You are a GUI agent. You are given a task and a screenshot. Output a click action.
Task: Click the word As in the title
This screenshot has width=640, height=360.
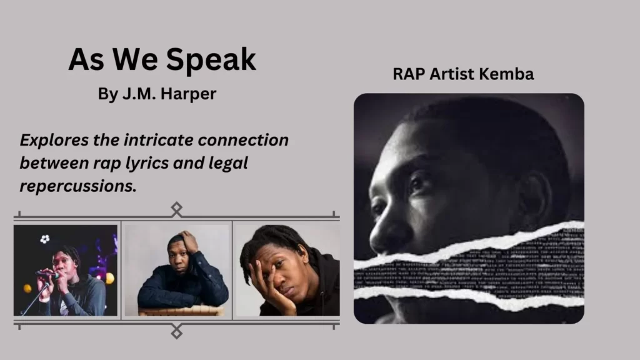tap(85, 60)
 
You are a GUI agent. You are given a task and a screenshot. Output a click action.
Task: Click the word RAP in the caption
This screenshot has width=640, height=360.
tap(409, 74)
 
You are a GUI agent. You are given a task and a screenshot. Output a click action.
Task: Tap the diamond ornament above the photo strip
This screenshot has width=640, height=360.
tap(177, 207)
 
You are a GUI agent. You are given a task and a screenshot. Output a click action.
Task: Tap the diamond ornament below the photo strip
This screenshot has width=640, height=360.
tap(177, 332)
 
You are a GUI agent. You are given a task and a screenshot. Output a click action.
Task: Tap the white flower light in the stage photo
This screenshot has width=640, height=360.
tap(44, 239)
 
